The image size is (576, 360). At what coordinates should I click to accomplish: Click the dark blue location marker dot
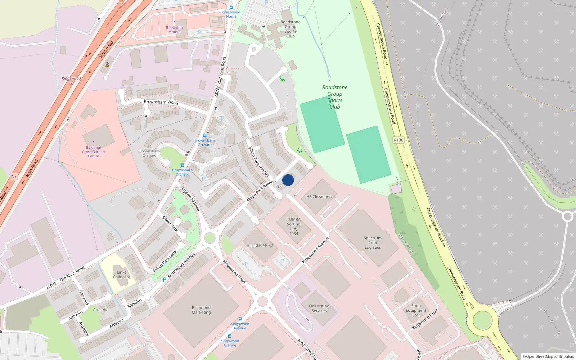288,180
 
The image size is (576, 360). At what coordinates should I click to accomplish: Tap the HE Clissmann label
319,197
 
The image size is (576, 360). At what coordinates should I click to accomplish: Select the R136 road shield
399,140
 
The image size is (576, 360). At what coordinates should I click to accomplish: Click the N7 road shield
14,176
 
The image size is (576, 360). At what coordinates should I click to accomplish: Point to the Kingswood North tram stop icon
231,8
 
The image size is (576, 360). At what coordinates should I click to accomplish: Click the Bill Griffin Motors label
174,30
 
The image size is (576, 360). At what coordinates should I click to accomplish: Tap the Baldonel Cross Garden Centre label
93,152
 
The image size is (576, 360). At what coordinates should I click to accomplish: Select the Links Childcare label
122,275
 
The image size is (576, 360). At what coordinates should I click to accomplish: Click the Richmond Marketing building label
201,310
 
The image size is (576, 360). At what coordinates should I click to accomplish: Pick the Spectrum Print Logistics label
373,243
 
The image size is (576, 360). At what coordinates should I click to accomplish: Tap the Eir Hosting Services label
319,309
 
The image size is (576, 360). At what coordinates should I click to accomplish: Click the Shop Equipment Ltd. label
416,310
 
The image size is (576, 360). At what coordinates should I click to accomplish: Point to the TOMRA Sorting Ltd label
294,226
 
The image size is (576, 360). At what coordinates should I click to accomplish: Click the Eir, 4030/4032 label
260,246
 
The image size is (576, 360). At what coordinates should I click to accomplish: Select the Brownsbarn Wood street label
161,102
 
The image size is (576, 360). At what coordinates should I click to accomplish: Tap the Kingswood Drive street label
425,319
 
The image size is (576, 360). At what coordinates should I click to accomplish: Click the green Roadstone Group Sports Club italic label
335,97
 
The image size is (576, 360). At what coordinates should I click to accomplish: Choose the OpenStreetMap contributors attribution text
548,356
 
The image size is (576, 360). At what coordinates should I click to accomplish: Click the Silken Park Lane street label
165,261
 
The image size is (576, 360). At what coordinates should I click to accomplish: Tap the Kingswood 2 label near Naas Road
71,80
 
